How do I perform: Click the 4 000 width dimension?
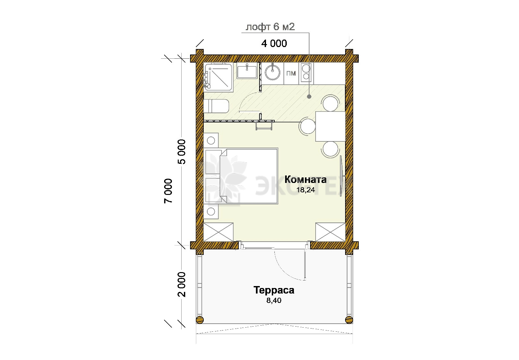pyautogui.click(x=274, y=43)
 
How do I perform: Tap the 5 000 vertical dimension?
pyautogui.click(x=182, y=152)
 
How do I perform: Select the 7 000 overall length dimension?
pyautogui.click(x=168, y=191)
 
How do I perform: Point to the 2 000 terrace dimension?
pyautogui.click(x=182, y=284)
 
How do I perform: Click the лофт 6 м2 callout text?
pyautogui.click(x=270, y=27)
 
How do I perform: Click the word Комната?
pyautogui.click(x=305, y=179)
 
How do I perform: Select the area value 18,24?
pyautogui.click(x=306, y=190)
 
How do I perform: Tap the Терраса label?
pyautogui.click(x=274, y=290)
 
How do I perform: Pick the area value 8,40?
pyautogui.click(x=274, y=300)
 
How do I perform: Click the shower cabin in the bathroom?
pyautogui.click(x=218, y=77)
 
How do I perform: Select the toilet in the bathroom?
pyautogui.click(x=216, y=106)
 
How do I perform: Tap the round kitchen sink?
pyautogui.click(x=272, y=72)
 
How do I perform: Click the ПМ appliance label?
pyautogui.click(x=291, y=73)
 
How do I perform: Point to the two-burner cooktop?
pyautogui.click(x=306, y=72)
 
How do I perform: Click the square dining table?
pyautogui.click(x=331, y=126)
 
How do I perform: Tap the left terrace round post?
pyautogui.click(x=200, y=320)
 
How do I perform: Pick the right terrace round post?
pyautogui.click(x=349, y=320)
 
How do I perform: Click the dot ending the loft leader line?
pyautogui.click(x=309, y=97)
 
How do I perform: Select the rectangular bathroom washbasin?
pyautogui.click(x=247, y=71)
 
